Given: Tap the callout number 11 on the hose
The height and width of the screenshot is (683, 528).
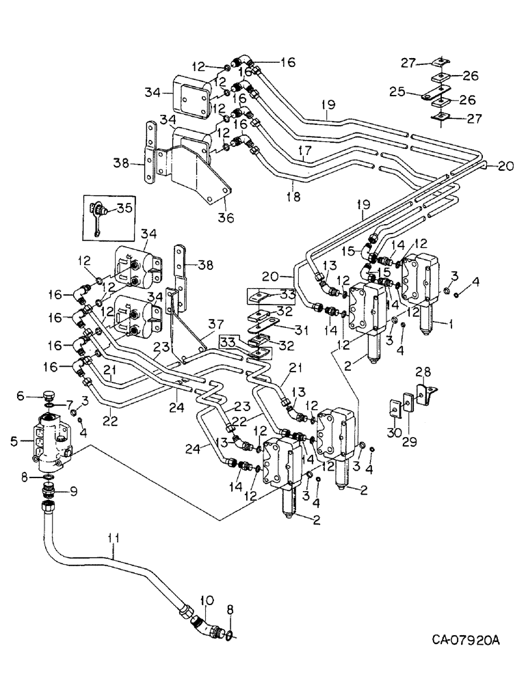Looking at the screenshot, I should coord(113,539).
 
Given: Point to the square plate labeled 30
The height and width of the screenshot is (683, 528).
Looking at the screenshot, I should coord(395,409).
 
